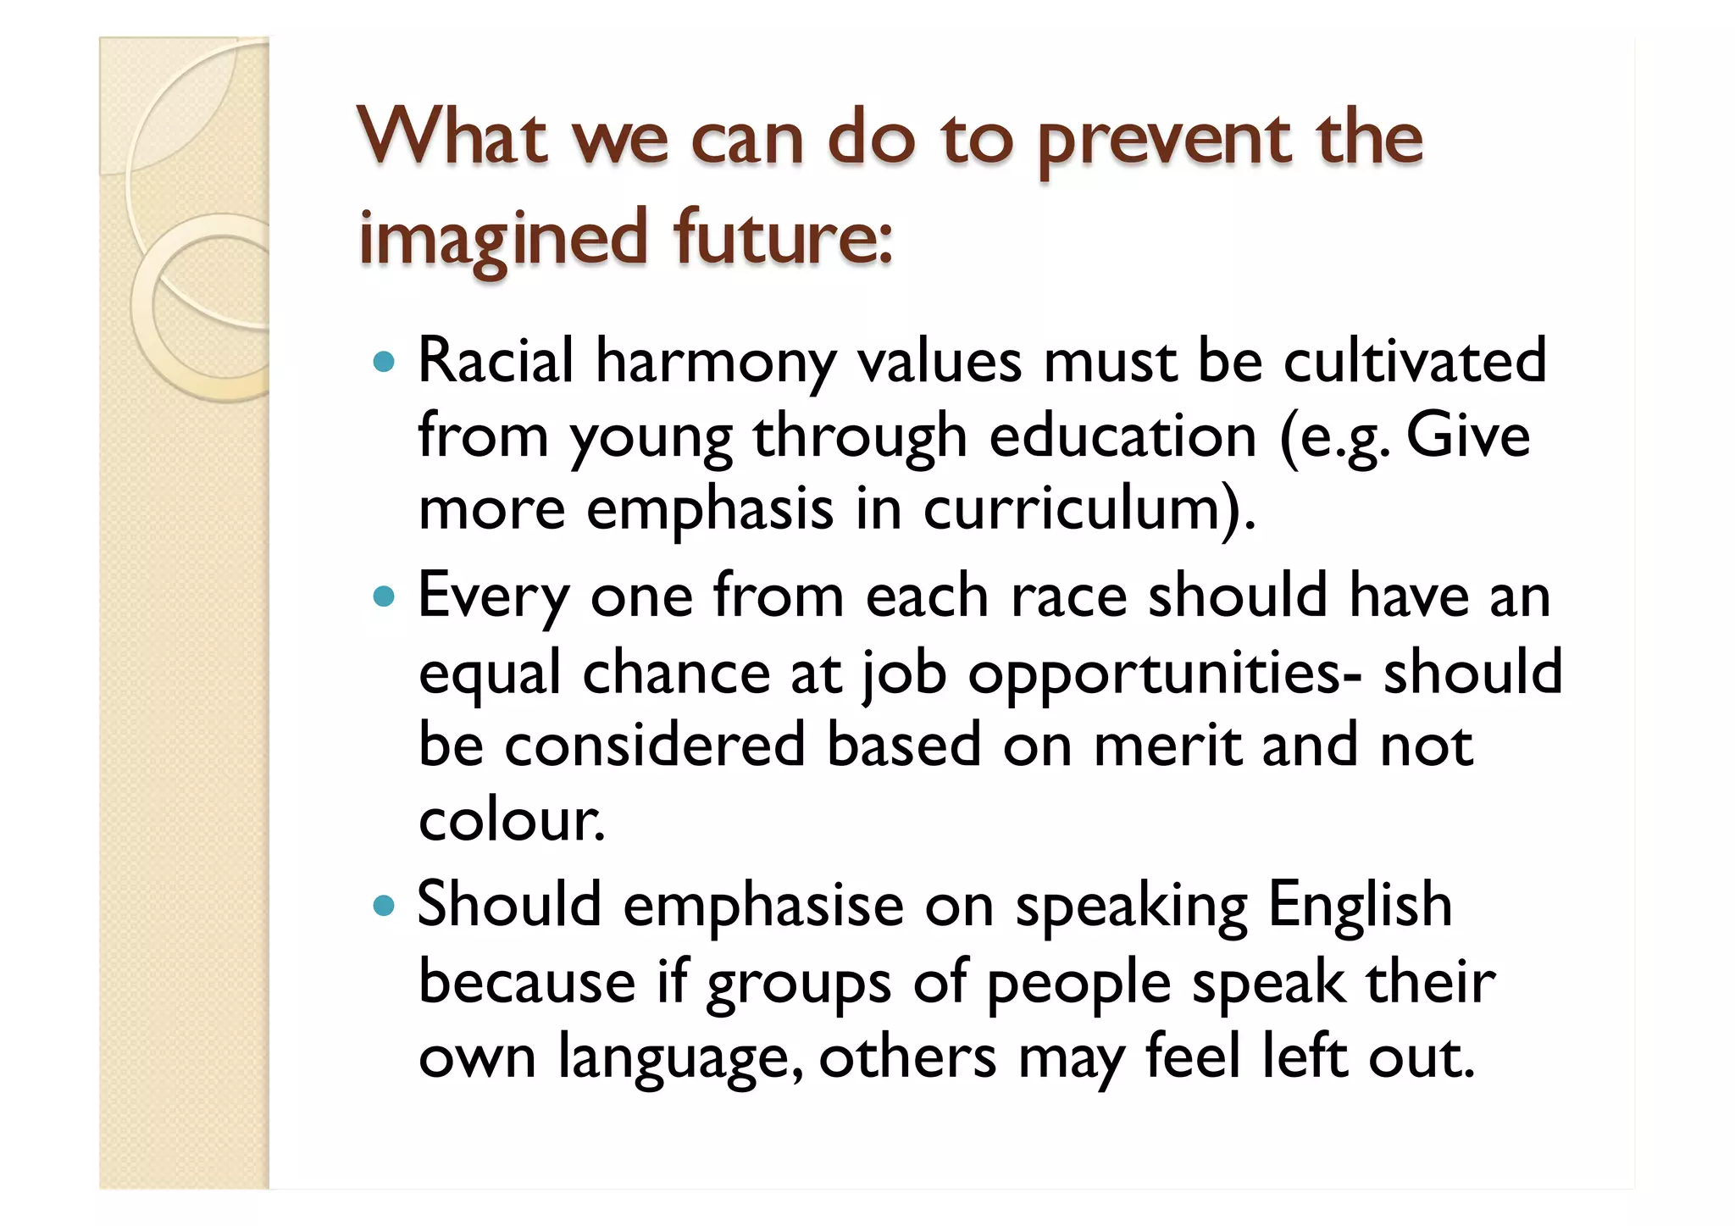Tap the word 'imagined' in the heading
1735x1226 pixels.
pos(503,239)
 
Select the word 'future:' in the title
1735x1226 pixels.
pos(784,237)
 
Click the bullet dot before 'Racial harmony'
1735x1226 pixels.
pos(385,363)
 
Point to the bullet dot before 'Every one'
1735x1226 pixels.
pos(385,597)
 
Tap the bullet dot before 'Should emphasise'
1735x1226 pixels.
pos(385,907)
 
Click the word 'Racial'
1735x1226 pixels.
pos(496,361)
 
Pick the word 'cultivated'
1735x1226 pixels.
pos(1415,361)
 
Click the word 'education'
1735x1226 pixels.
pos(1122,435)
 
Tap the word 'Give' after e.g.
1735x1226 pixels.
pos(1468,435)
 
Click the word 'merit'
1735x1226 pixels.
pos(1167,746)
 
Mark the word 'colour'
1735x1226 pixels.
pos(511,820)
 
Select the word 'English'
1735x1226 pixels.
pos(1360,905)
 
